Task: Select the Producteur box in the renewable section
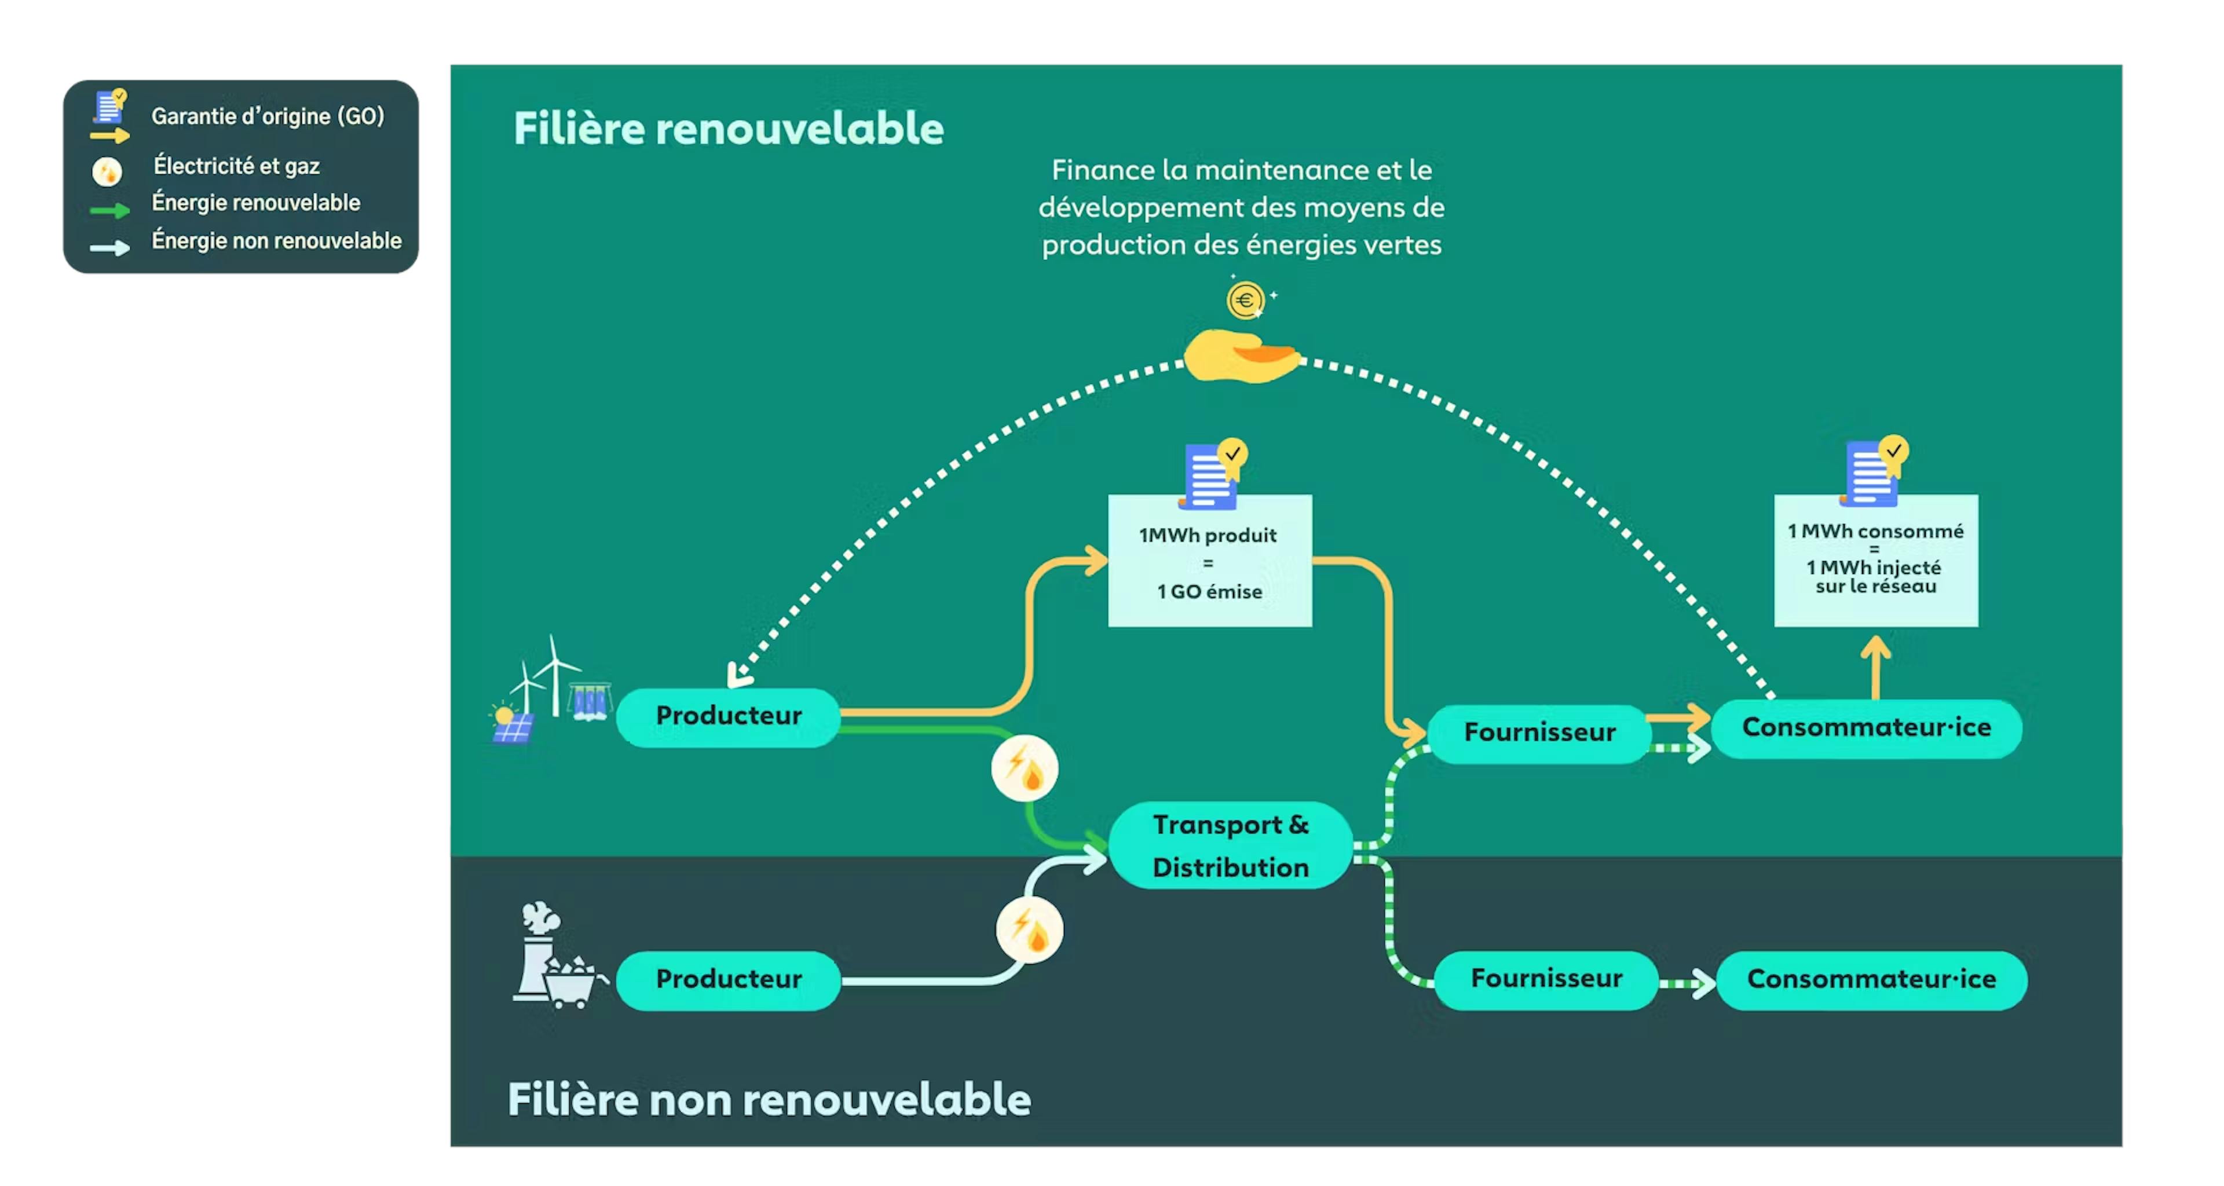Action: coord(728,716)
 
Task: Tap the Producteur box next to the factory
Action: coord(728,979)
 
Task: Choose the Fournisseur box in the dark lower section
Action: coord(1545,978)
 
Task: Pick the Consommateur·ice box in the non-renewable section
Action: coord(1870,979)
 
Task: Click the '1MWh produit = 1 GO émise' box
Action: coord(1209,561)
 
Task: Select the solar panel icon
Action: coord(512,725)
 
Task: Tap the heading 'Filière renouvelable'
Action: coord(728,129)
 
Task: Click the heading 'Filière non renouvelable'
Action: coord(769,1099)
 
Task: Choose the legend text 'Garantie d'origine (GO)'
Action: coord(268,116)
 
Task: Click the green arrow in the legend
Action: coord(109,210)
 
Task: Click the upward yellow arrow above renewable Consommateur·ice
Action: coord(1875,667)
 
